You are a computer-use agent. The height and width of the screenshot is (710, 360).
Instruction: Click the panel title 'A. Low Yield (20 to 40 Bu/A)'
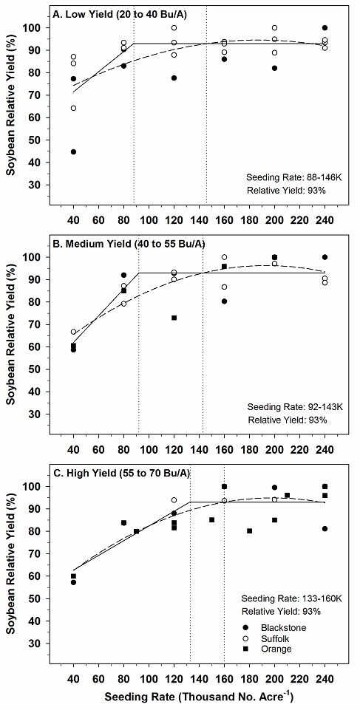tap(120, 15)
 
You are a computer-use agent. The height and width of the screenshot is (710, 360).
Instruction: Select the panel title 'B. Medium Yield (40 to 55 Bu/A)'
tap(129, 244)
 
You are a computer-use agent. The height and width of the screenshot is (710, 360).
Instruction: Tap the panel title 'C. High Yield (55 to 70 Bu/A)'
tap(121, 473)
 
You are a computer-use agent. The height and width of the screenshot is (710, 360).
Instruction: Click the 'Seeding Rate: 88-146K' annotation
tap(296, 177)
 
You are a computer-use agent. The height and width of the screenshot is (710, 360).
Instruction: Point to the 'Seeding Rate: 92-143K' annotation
tap(296, 406)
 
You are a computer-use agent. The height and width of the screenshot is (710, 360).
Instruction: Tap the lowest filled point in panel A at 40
tap(73, 151)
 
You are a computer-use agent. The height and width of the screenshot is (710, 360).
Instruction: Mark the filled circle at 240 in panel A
tap(325, 27)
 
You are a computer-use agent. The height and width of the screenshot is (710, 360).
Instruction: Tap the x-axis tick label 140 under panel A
tap(199, 220)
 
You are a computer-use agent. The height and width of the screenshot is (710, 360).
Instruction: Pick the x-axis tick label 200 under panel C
tap(274, 679)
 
